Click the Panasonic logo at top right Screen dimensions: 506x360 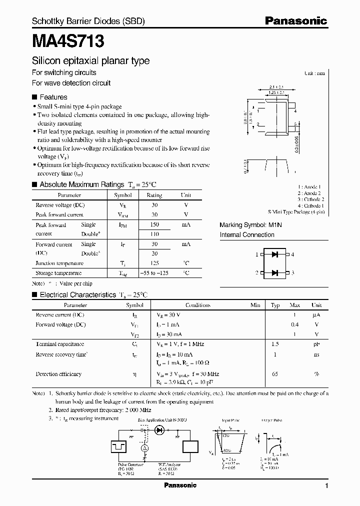point(295,21)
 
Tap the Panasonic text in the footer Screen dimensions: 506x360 point(180,485)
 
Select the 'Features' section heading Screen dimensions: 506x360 point(53,97)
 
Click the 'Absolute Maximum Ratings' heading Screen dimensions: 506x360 point(81,184)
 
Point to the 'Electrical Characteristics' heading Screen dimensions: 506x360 point(77,295)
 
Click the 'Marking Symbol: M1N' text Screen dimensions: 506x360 point(251,225)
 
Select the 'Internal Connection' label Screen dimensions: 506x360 point(247,234)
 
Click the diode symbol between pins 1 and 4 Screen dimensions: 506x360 point(274,254)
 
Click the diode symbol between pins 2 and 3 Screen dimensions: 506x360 point(274,272)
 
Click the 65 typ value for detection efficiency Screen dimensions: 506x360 point(274,374)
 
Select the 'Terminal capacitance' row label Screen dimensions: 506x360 point(59,344)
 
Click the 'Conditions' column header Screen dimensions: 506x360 point(198,305)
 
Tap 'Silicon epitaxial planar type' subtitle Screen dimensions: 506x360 point(90,61)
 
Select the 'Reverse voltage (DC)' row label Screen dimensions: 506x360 point(60,205)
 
